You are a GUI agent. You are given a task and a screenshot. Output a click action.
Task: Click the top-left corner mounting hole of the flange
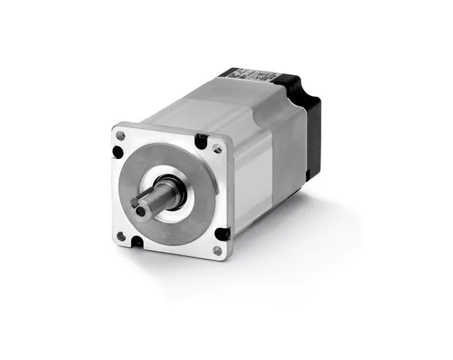[120, 135]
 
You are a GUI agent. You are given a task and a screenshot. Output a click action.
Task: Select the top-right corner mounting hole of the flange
[218, 149]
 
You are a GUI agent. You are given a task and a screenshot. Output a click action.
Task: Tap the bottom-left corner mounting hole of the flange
[121, 236]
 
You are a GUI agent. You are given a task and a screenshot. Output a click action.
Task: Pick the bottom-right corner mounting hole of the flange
[217, 251]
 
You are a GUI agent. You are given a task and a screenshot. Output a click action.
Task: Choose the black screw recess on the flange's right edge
[223, 233]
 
